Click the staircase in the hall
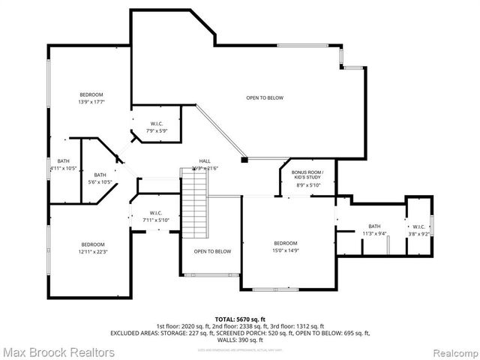[x=193, y=202]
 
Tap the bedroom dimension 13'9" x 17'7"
[x=91, y=103]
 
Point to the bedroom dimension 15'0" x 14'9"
[x=286, y=251]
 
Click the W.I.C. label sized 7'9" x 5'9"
[x=157, y=130]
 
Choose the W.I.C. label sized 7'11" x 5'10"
[x=156, y=220]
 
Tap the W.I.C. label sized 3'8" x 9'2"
[x=418, y=233]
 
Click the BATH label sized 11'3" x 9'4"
[x=374, y=233]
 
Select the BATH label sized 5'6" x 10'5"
[x=100, y=181]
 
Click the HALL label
[x=204, y=161]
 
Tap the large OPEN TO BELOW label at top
[x=265, y=97]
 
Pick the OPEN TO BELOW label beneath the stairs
[x=213, y=251]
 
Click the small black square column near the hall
[x=244, y=160]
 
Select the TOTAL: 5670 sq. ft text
[x=240, y=319]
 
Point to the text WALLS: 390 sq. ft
[x=240, y=339]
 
